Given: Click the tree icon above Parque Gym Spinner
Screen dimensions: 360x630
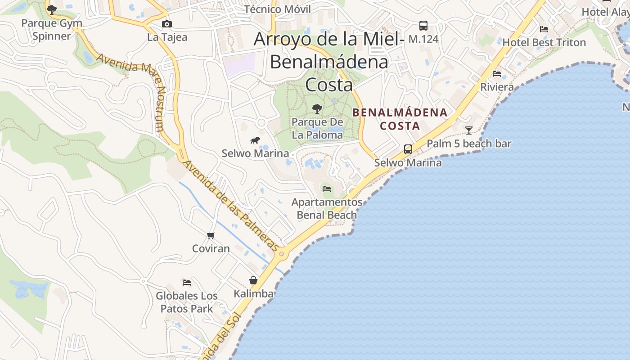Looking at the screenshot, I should point(52,9).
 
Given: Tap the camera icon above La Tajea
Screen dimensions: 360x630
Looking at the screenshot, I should point(167,24).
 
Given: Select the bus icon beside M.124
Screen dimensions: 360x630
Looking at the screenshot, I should point(423,26).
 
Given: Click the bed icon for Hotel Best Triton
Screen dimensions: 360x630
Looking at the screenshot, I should point(544,29).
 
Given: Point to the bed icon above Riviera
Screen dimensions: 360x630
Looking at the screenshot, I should point(497,73).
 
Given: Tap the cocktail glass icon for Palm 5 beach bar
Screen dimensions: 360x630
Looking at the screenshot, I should point(469,130).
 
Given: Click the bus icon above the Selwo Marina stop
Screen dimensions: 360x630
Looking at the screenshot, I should point(408,149).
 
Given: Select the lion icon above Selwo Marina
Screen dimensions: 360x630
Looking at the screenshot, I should point(255,140).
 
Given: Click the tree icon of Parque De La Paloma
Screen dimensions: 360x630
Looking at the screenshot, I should point(317,108).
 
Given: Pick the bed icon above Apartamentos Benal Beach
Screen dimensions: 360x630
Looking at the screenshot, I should point(327,189).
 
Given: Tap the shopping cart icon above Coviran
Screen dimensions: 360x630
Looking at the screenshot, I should point(211,235).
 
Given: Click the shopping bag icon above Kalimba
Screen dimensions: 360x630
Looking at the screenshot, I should point(253,280).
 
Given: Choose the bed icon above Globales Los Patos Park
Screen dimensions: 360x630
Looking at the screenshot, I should point(187,283).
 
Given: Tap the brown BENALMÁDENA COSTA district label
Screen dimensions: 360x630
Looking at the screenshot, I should point(400,119).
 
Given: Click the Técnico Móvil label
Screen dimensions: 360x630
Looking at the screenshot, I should point(278,9).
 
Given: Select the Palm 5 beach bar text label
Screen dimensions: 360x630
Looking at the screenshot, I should point(469,144).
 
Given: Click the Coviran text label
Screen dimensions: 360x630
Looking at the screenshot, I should point(211,248).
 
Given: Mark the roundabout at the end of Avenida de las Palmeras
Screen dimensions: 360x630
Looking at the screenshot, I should point(282,254).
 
